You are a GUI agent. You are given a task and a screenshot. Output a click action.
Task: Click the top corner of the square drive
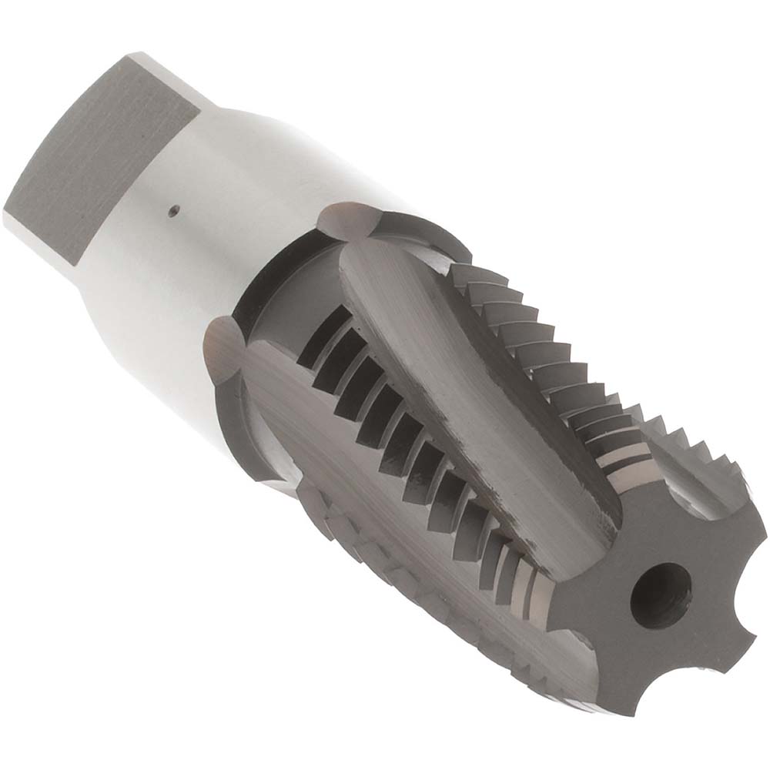pos(131,55)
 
